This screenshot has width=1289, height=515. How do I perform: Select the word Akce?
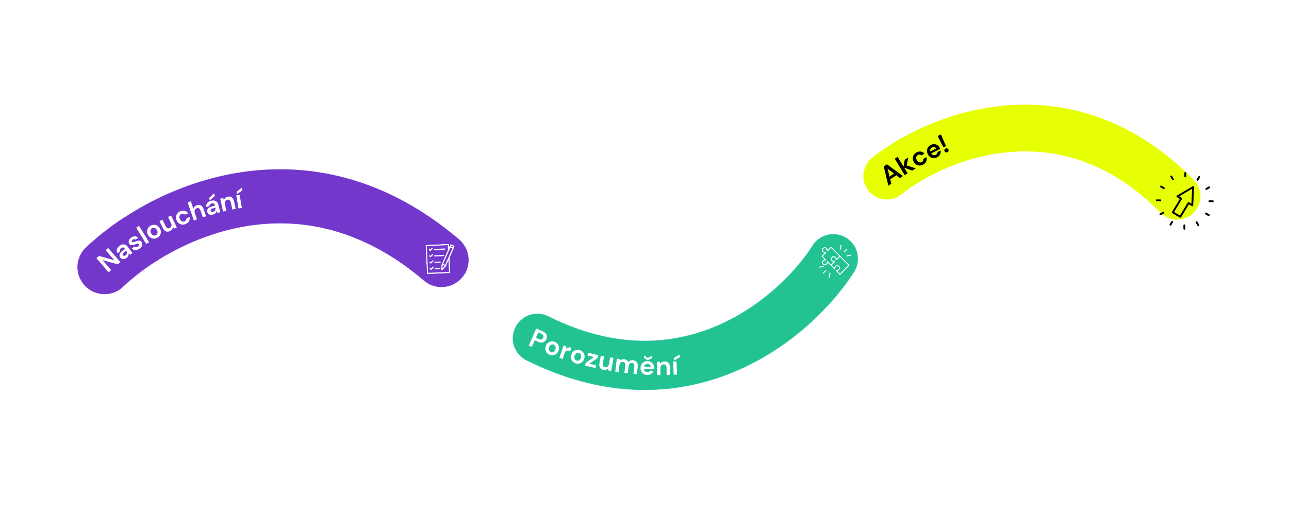click(916, 159)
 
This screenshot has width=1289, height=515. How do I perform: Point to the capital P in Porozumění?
click(539, 339)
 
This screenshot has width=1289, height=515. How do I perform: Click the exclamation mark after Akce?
click(944, 144)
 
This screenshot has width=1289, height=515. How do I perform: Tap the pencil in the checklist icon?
click(448, 256)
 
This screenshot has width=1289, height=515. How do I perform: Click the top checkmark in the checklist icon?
click(431, 249)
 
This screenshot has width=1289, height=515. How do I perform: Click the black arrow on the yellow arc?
click(1184, 201)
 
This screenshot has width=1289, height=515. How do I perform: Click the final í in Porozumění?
click(675, 366)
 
